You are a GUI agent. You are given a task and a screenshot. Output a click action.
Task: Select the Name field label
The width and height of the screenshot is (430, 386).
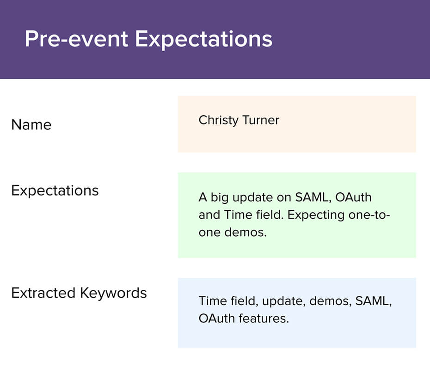(31, 125)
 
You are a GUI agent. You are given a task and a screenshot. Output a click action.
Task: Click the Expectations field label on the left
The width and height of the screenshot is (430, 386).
(55, 191)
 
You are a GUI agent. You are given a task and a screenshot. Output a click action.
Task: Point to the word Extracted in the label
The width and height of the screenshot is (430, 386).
(43, 293)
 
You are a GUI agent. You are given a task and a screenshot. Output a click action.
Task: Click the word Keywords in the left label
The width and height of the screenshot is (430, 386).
(114, 294)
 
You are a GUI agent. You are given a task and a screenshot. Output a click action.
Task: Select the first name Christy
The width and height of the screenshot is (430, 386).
(219, 120)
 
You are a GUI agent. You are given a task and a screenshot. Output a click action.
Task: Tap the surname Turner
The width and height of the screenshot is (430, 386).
(261, 120)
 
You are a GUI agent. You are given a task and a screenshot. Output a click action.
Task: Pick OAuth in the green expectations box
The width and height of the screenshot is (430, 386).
(354, 197)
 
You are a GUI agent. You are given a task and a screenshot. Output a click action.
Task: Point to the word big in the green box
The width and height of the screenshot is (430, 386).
(219, 198)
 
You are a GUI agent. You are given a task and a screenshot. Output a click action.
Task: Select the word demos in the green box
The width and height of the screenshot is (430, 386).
(246, 233)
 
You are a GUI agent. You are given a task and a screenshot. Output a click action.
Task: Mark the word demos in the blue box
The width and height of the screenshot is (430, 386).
(331, 301)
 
